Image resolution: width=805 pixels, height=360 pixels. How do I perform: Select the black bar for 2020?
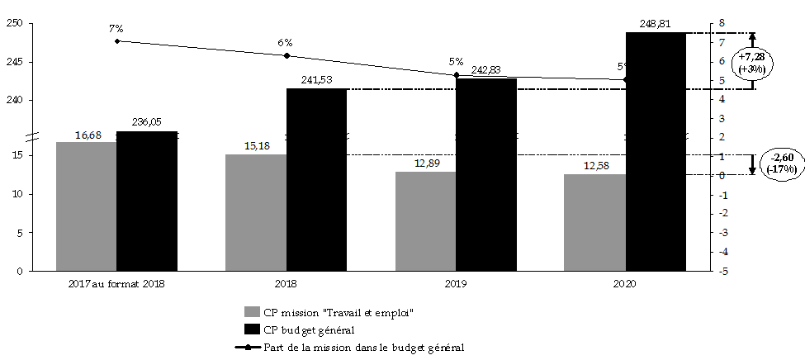pos(656,152)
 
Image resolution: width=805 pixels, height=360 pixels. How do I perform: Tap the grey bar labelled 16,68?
pos(86,206)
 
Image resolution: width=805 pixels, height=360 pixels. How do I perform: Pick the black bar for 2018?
pos(316,179)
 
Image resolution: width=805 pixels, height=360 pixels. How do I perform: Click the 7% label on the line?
pos(116,29)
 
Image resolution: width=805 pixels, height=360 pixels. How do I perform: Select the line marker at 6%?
pos(286,56)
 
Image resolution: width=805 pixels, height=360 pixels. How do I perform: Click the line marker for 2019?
pos(457,75)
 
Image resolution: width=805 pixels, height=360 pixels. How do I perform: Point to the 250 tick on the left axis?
pos(14,23)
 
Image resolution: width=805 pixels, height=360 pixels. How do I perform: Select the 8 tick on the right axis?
pos(722,23)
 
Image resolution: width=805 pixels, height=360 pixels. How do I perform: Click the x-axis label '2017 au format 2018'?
pos(116,284)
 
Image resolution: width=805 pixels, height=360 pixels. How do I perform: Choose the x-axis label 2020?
pos(625,284)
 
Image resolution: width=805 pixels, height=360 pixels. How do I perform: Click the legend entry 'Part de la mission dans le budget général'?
pos(363,347)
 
